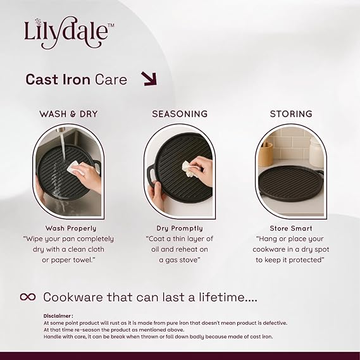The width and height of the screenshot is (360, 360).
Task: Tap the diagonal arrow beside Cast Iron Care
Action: tap(149, 78)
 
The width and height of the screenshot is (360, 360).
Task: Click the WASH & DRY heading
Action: tap(68, 114)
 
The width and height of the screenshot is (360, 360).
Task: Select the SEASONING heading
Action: tap(180, 114)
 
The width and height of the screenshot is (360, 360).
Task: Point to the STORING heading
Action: tap(291, 114)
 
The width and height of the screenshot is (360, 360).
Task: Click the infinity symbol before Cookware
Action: tap(28, 297)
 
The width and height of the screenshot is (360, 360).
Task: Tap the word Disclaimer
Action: tap(57, 316)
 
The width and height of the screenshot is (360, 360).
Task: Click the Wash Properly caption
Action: tap(71, 228)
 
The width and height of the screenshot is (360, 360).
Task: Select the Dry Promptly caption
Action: tap(180, 228)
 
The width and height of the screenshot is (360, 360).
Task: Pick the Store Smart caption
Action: tap(291, 228)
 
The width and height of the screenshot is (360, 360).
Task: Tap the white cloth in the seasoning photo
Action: tap(188, 169)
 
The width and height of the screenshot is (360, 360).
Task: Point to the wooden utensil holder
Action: tap(266, 154)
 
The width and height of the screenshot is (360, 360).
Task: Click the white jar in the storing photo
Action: tap(316, 152)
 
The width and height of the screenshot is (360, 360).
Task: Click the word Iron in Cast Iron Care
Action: tap(76, 80)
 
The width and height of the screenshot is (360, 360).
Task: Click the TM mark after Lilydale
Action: tap(111, 25)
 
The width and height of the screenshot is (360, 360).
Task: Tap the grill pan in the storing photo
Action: tap(291, 183)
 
